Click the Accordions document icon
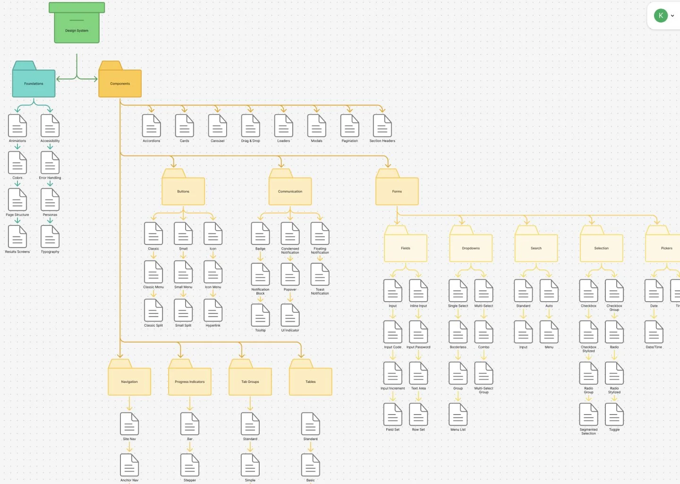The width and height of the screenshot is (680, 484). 152,126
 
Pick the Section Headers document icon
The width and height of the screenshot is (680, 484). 382,126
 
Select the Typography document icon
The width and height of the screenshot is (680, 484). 50,237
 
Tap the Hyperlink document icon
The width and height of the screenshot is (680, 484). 213,311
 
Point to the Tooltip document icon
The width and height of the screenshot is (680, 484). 260,315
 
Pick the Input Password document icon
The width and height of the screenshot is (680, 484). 418,332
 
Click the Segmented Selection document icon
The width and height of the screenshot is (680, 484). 588,415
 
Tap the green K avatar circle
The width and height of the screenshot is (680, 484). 661,16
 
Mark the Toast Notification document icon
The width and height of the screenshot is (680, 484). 320,275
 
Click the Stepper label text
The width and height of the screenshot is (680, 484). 190,480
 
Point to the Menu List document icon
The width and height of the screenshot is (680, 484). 458,415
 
